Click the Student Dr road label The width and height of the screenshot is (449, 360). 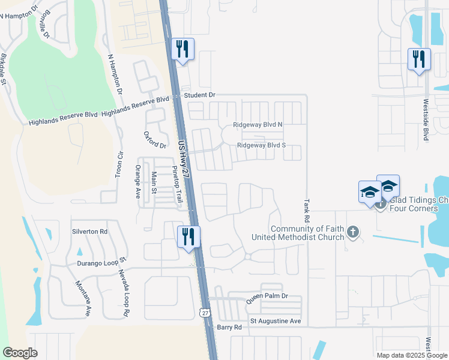tap(199, 95)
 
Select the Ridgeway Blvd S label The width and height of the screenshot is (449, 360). tap(261, 145)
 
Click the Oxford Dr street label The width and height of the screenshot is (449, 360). tap(155, 140)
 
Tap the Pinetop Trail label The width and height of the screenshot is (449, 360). tap(177, 184)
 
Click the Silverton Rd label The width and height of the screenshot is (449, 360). tap(89, 231)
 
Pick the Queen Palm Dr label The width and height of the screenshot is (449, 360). tap(268, 296)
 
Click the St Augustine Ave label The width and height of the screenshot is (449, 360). tap(276, 321)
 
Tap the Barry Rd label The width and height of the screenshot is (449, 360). tap(229, 327)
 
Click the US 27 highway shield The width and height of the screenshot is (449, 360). tap(205, 313)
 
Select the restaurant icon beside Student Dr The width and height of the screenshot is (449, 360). tap(182, 49)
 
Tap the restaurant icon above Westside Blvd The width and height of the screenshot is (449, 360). tap(418, 58)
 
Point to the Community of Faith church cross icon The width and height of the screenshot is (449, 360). tap(354, 232)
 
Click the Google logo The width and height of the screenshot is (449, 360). tap(20, 353)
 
